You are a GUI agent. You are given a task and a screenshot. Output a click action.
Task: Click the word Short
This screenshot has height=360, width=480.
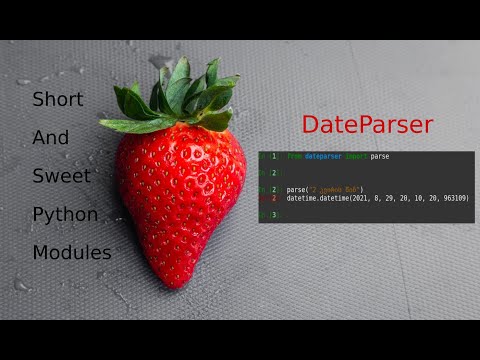click(57, 100)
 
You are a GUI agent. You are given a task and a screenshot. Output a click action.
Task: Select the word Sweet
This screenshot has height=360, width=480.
click(60, 176)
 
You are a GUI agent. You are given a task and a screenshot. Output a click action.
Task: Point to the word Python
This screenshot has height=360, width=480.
click(65, 214)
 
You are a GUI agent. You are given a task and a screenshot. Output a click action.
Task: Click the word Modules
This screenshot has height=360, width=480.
click(71, 252)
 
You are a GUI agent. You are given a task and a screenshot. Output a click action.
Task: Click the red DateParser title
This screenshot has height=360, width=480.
click(367, 125)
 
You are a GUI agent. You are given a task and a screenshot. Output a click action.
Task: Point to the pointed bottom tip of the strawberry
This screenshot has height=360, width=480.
click(181, 282)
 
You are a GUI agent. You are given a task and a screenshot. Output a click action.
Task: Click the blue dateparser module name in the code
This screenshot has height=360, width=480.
click(323, 157)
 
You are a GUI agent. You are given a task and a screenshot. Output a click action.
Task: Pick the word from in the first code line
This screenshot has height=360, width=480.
click(294, 157)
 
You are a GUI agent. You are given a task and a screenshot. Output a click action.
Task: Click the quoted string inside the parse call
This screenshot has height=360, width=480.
click(340, 190)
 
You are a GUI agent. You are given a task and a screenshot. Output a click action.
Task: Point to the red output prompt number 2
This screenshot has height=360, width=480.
click(273, 198)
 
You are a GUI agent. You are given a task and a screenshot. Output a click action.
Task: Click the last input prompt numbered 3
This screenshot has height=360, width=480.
click(273, 215)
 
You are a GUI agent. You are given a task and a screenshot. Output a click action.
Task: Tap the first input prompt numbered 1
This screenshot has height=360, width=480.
click(273, 157)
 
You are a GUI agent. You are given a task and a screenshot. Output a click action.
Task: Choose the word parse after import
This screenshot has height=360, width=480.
click(381, 157)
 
